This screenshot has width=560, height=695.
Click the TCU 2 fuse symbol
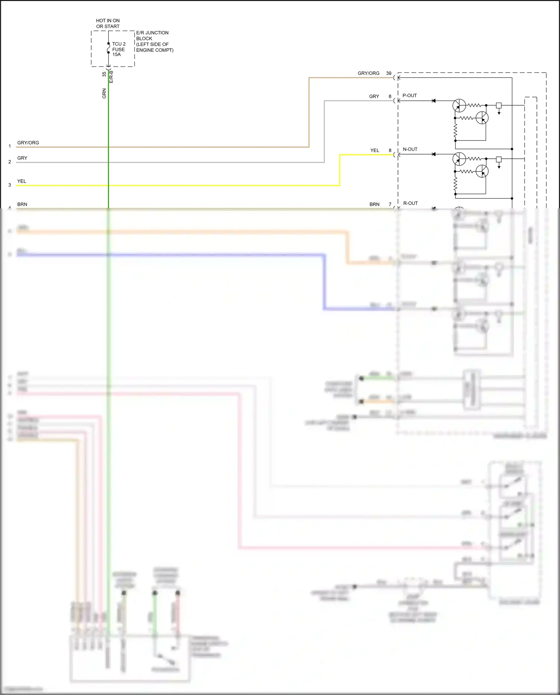click(108, 48)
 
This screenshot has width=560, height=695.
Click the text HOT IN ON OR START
click(108, 24)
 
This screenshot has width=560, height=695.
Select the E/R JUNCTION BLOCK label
click(152, 35)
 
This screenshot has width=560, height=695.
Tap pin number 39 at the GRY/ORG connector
click(389, 73)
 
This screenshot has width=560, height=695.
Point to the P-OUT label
click(410, 96)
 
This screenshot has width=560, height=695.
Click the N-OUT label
click(410, 149)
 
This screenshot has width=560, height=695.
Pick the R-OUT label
click(410, 203)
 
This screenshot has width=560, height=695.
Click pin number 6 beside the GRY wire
click(390, 96)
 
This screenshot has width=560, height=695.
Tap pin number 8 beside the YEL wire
click(390, 151)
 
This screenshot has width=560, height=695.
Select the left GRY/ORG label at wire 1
click(28, 143)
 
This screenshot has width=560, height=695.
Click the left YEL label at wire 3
click(22, 181)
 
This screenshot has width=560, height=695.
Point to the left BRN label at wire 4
click(22, 204)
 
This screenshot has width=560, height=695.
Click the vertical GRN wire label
click(104, 93)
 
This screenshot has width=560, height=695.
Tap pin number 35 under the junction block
click(104, 74)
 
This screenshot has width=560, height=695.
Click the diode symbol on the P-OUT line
click(433, 101)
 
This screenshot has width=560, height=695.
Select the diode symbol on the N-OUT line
click(433, 154)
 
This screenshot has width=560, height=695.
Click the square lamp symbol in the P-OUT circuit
click(498, 106)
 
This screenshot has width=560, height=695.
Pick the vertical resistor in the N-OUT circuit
click(455, 184)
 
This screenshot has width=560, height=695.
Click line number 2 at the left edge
click(10, 162)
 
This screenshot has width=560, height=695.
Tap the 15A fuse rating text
click(116, 55)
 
